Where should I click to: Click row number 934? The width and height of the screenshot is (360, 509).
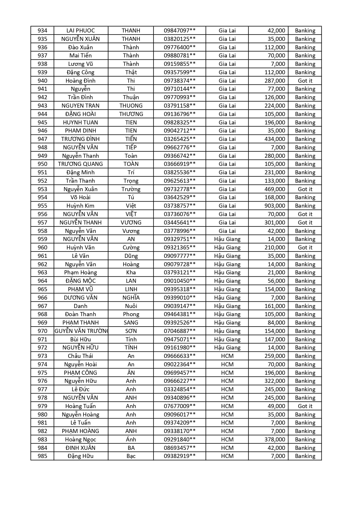[x=42, y=30]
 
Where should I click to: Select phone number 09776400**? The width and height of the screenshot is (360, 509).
[x=180, y=47]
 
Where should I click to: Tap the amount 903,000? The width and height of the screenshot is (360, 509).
[x=275, y=206]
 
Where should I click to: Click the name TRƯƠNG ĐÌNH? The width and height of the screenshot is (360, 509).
[x=80, y=139]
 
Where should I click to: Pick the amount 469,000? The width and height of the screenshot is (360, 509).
[x=275, y=189]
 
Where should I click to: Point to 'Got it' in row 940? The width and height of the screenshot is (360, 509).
[x=305, y=81]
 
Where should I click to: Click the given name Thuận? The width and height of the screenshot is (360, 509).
[x=131, y=97]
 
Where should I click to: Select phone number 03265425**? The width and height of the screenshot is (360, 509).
[x=180, y=139]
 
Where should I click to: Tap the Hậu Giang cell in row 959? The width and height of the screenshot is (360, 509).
[x=227, y=239]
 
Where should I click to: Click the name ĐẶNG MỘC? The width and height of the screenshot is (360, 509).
[x=80, y=281]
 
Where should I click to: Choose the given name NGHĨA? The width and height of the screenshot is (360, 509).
[x=131, y=298]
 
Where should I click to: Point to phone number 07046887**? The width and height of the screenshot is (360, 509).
[x=180, y=331]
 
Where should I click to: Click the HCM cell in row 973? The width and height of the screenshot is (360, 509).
[x=227, y=356]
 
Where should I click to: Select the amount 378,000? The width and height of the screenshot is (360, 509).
[x=275, y=439]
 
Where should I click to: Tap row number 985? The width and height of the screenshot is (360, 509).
[x=42, y=456]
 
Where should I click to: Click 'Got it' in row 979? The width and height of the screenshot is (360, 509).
[x=305, y=406]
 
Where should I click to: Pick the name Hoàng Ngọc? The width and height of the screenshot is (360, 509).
[x=80, y=439]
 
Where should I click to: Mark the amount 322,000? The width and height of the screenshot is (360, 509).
[x=275, y=381]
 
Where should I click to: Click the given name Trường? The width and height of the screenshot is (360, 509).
[x=131, y=189]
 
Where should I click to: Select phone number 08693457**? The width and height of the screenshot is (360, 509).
[x=180, y=448]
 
